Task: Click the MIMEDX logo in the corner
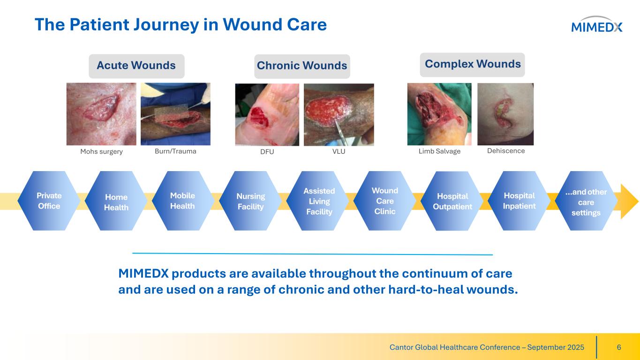click(x=596, y=24)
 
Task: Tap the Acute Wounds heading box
click(x=136, y=66)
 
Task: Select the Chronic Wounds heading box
click(x=302, y=66)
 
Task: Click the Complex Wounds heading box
click(x=472, y=65)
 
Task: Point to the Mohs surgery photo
click(x=101, y=114)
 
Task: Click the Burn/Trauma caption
click(x=175, y=151)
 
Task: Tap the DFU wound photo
click(x=267, y=114)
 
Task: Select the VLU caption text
click(x=339, y=151)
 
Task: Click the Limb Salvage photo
click(x=439, y=114)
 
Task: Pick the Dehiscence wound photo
click(x=505, y=114)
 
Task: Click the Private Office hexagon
click(x=49, y=201)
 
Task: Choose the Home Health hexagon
click(x=116, y=201)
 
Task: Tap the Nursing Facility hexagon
click(x=250, y=201)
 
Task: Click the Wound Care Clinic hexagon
click(x=385, y=201)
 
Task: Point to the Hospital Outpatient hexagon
click(x=452, y=201)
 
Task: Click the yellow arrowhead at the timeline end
click(x=629, y=202)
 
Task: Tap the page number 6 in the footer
click(x=619, y=347)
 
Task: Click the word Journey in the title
click(x=166, y=25)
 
